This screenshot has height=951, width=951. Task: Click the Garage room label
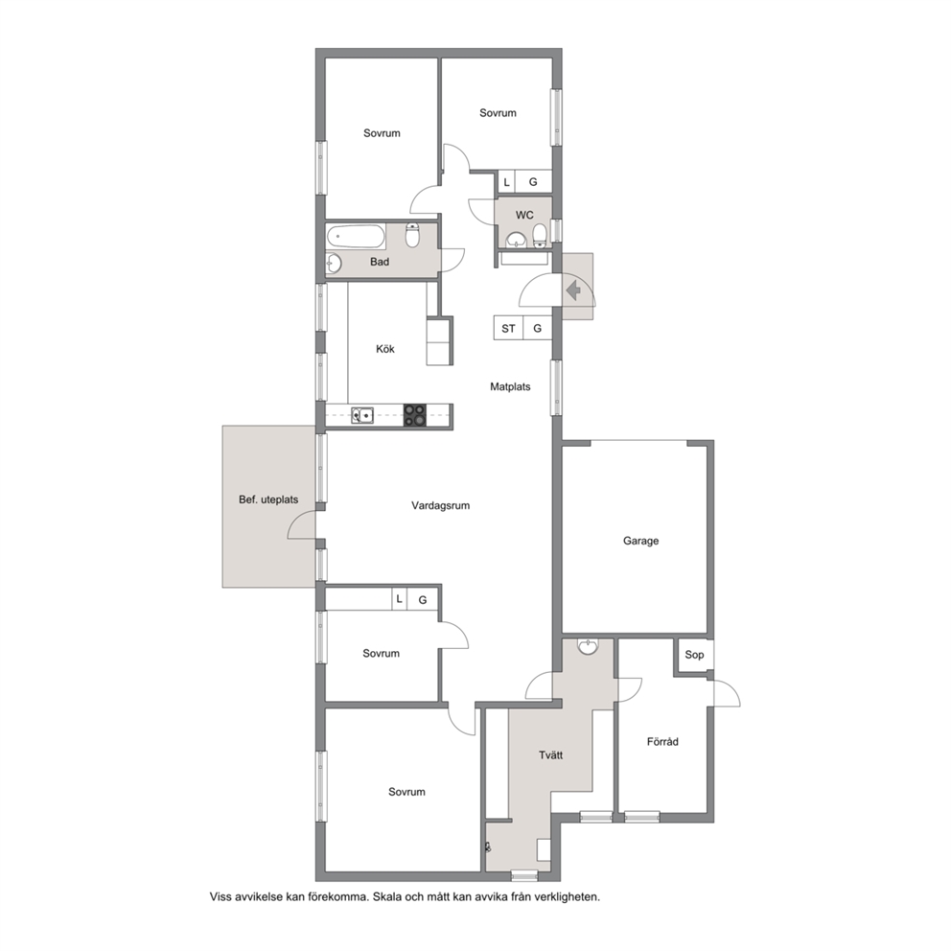point(640,541)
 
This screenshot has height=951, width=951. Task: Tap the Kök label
point(385,349)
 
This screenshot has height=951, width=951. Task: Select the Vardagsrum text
point(440,505)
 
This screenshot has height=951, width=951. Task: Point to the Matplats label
point(510,386)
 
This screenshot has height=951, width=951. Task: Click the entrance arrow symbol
point(573,291)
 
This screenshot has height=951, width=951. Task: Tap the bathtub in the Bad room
point(356,236)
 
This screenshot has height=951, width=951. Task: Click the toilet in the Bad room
point(412,235)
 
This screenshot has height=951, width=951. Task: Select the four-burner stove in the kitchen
point(415,415)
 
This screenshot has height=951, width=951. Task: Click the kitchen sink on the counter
point(362,415)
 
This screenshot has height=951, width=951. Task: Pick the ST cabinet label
point(508,329)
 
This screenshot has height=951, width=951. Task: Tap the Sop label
point(694,655)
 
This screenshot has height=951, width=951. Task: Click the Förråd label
point(662,741)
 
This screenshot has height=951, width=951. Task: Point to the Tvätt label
point(550,755)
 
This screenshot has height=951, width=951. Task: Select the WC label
point(524,215)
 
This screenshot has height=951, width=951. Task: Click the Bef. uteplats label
point(268,499)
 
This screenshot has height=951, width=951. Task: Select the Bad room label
point(380,262)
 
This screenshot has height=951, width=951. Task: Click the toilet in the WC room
point(540,235)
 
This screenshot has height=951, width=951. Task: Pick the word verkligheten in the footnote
point(568,896)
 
